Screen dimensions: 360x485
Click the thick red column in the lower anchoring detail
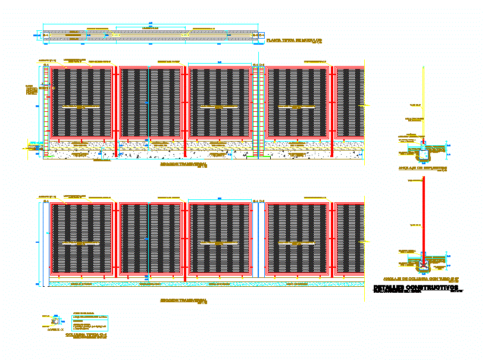point(423,214)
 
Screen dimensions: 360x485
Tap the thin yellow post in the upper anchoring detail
point(423,101)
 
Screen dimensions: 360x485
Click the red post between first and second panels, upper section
point(117,110)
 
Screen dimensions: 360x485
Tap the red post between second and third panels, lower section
point(185,241)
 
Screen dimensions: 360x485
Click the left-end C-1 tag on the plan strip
point(46,36)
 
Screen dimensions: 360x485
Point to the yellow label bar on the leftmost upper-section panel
point(82,107)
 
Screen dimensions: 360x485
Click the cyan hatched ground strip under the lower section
point(202,284)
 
